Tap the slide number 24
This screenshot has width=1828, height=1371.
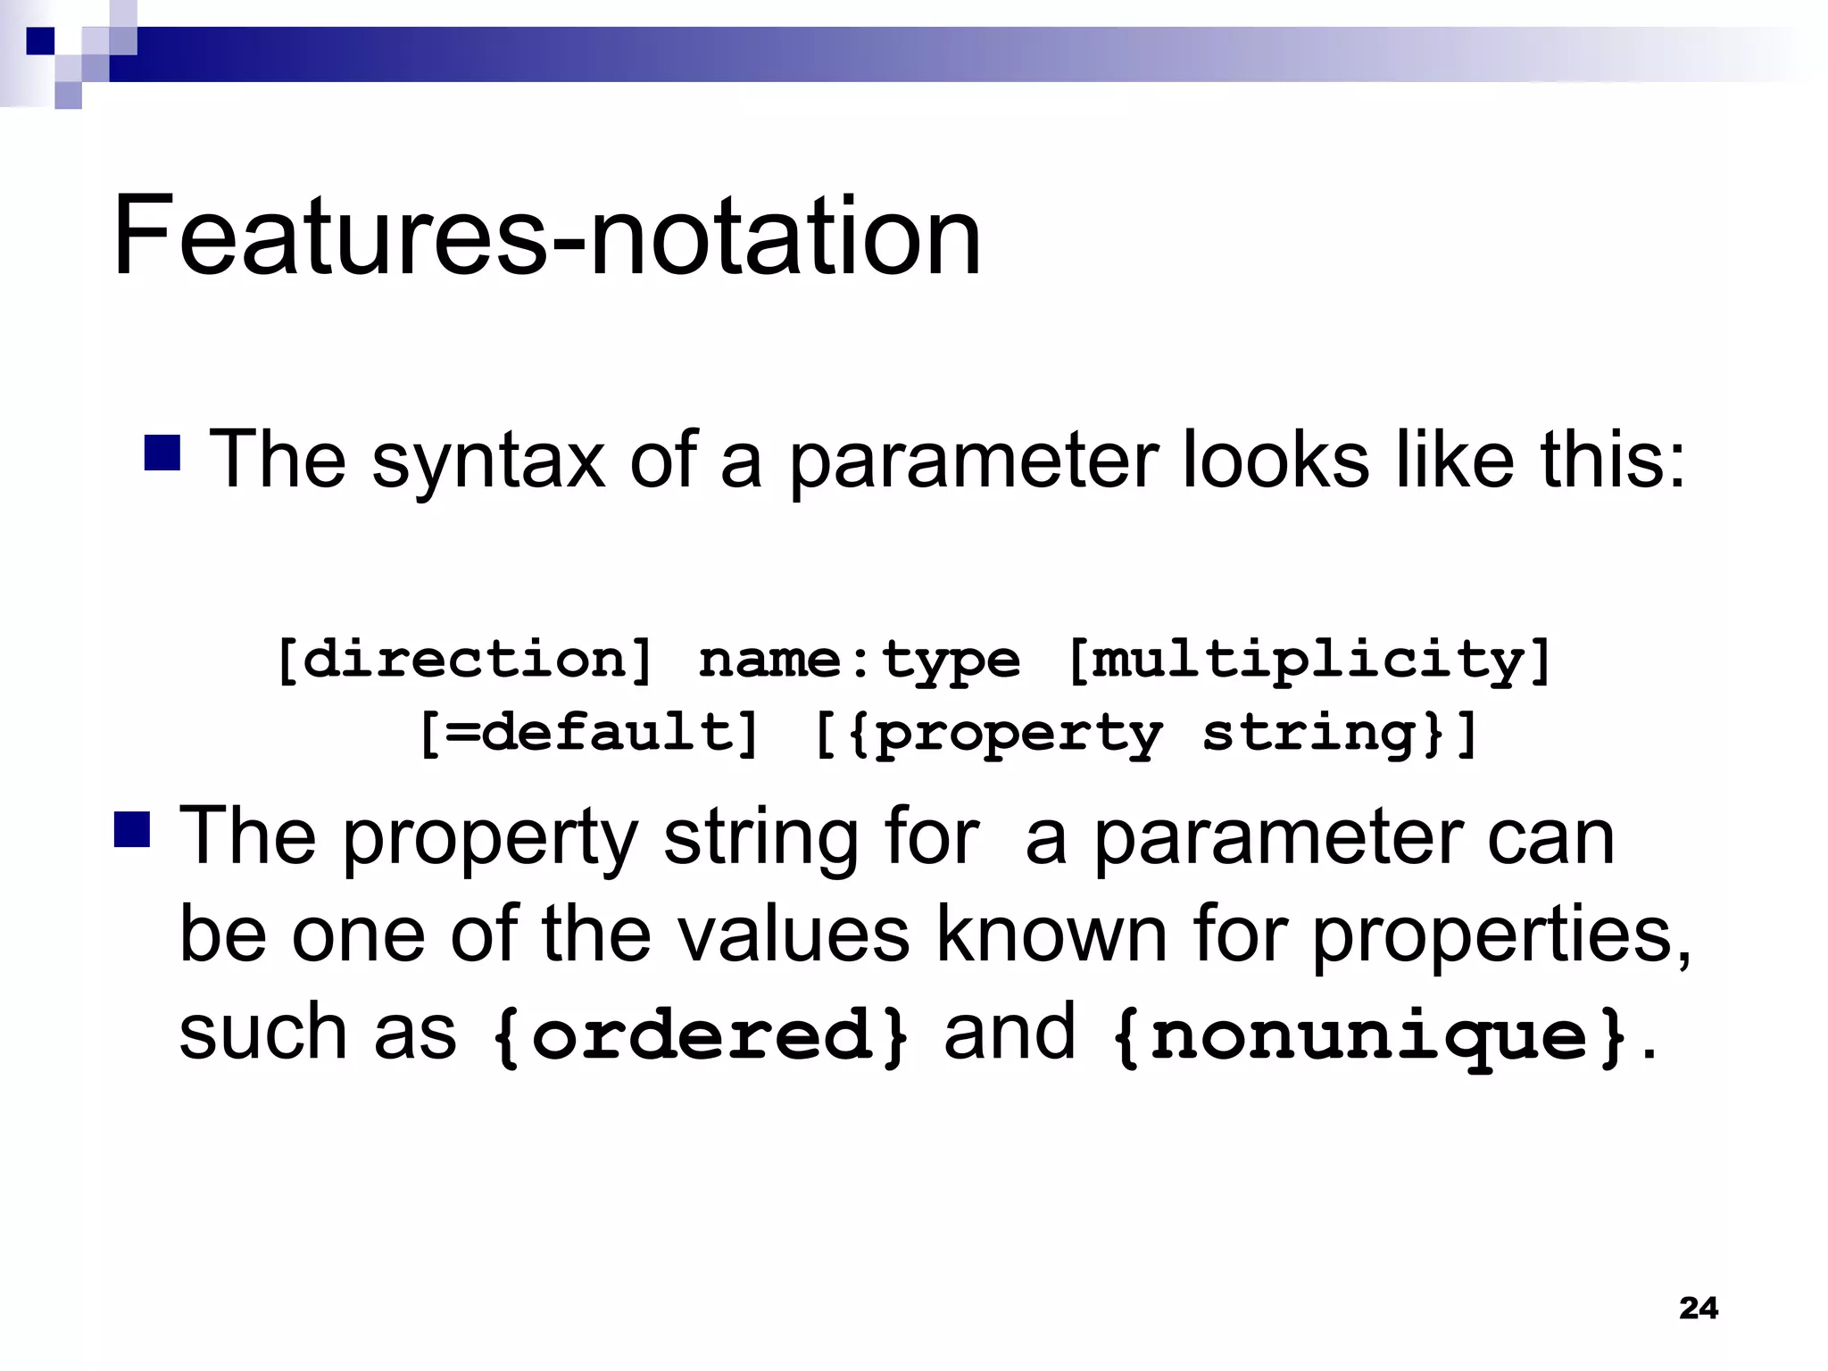[1698, 1308]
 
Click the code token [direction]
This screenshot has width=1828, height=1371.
[464, 661]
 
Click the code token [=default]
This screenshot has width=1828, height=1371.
[589, 735]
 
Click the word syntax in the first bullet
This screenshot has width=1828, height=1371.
[488, 461]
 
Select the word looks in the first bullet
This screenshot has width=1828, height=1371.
[1275, 459]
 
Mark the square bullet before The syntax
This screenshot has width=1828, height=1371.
[162, 453]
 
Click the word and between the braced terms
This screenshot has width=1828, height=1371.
[1010, 1032]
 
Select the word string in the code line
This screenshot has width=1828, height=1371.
[1309, 735]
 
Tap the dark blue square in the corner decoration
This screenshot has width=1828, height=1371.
[40, 41]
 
